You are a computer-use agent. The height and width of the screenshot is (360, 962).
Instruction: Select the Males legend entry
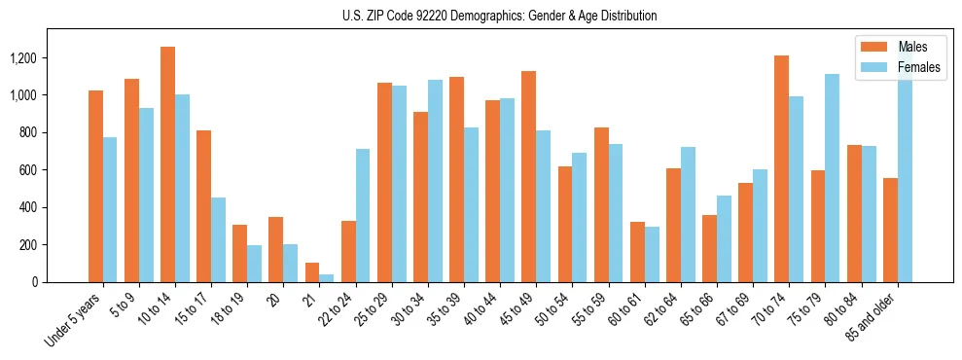click(x=912, y=47)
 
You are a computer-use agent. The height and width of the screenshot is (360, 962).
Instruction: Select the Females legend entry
click(x=919, y=68)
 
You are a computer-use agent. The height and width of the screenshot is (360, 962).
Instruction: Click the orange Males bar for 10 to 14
click(x=168, y=164)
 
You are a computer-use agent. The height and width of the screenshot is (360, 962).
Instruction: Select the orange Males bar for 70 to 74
click(x=781, y=169)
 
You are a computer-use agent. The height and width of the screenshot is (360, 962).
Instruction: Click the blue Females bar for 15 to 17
click(x=218, y=239)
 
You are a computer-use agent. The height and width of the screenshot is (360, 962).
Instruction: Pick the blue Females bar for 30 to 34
click(x=435, y=181)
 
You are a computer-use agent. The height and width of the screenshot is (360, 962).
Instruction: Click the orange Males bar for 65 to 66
click(x=709, y=248)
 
